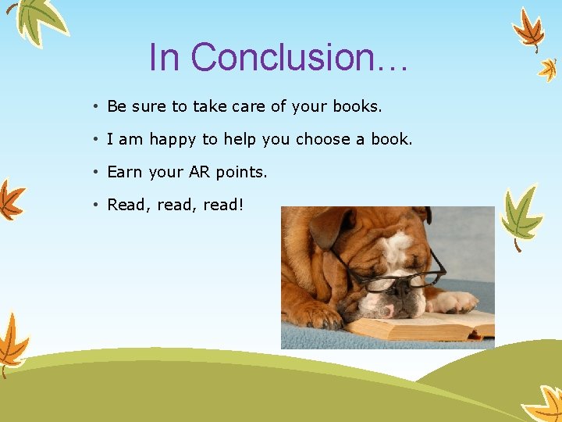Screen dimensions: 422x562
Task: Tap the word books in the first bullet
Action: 357,106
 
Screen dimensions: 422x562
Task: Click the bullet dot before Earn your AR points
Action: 94,172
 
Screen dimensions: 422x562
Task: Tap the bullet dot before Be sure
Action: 94,106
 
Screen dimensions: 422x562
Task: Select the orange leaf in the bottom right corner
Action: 544,404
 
